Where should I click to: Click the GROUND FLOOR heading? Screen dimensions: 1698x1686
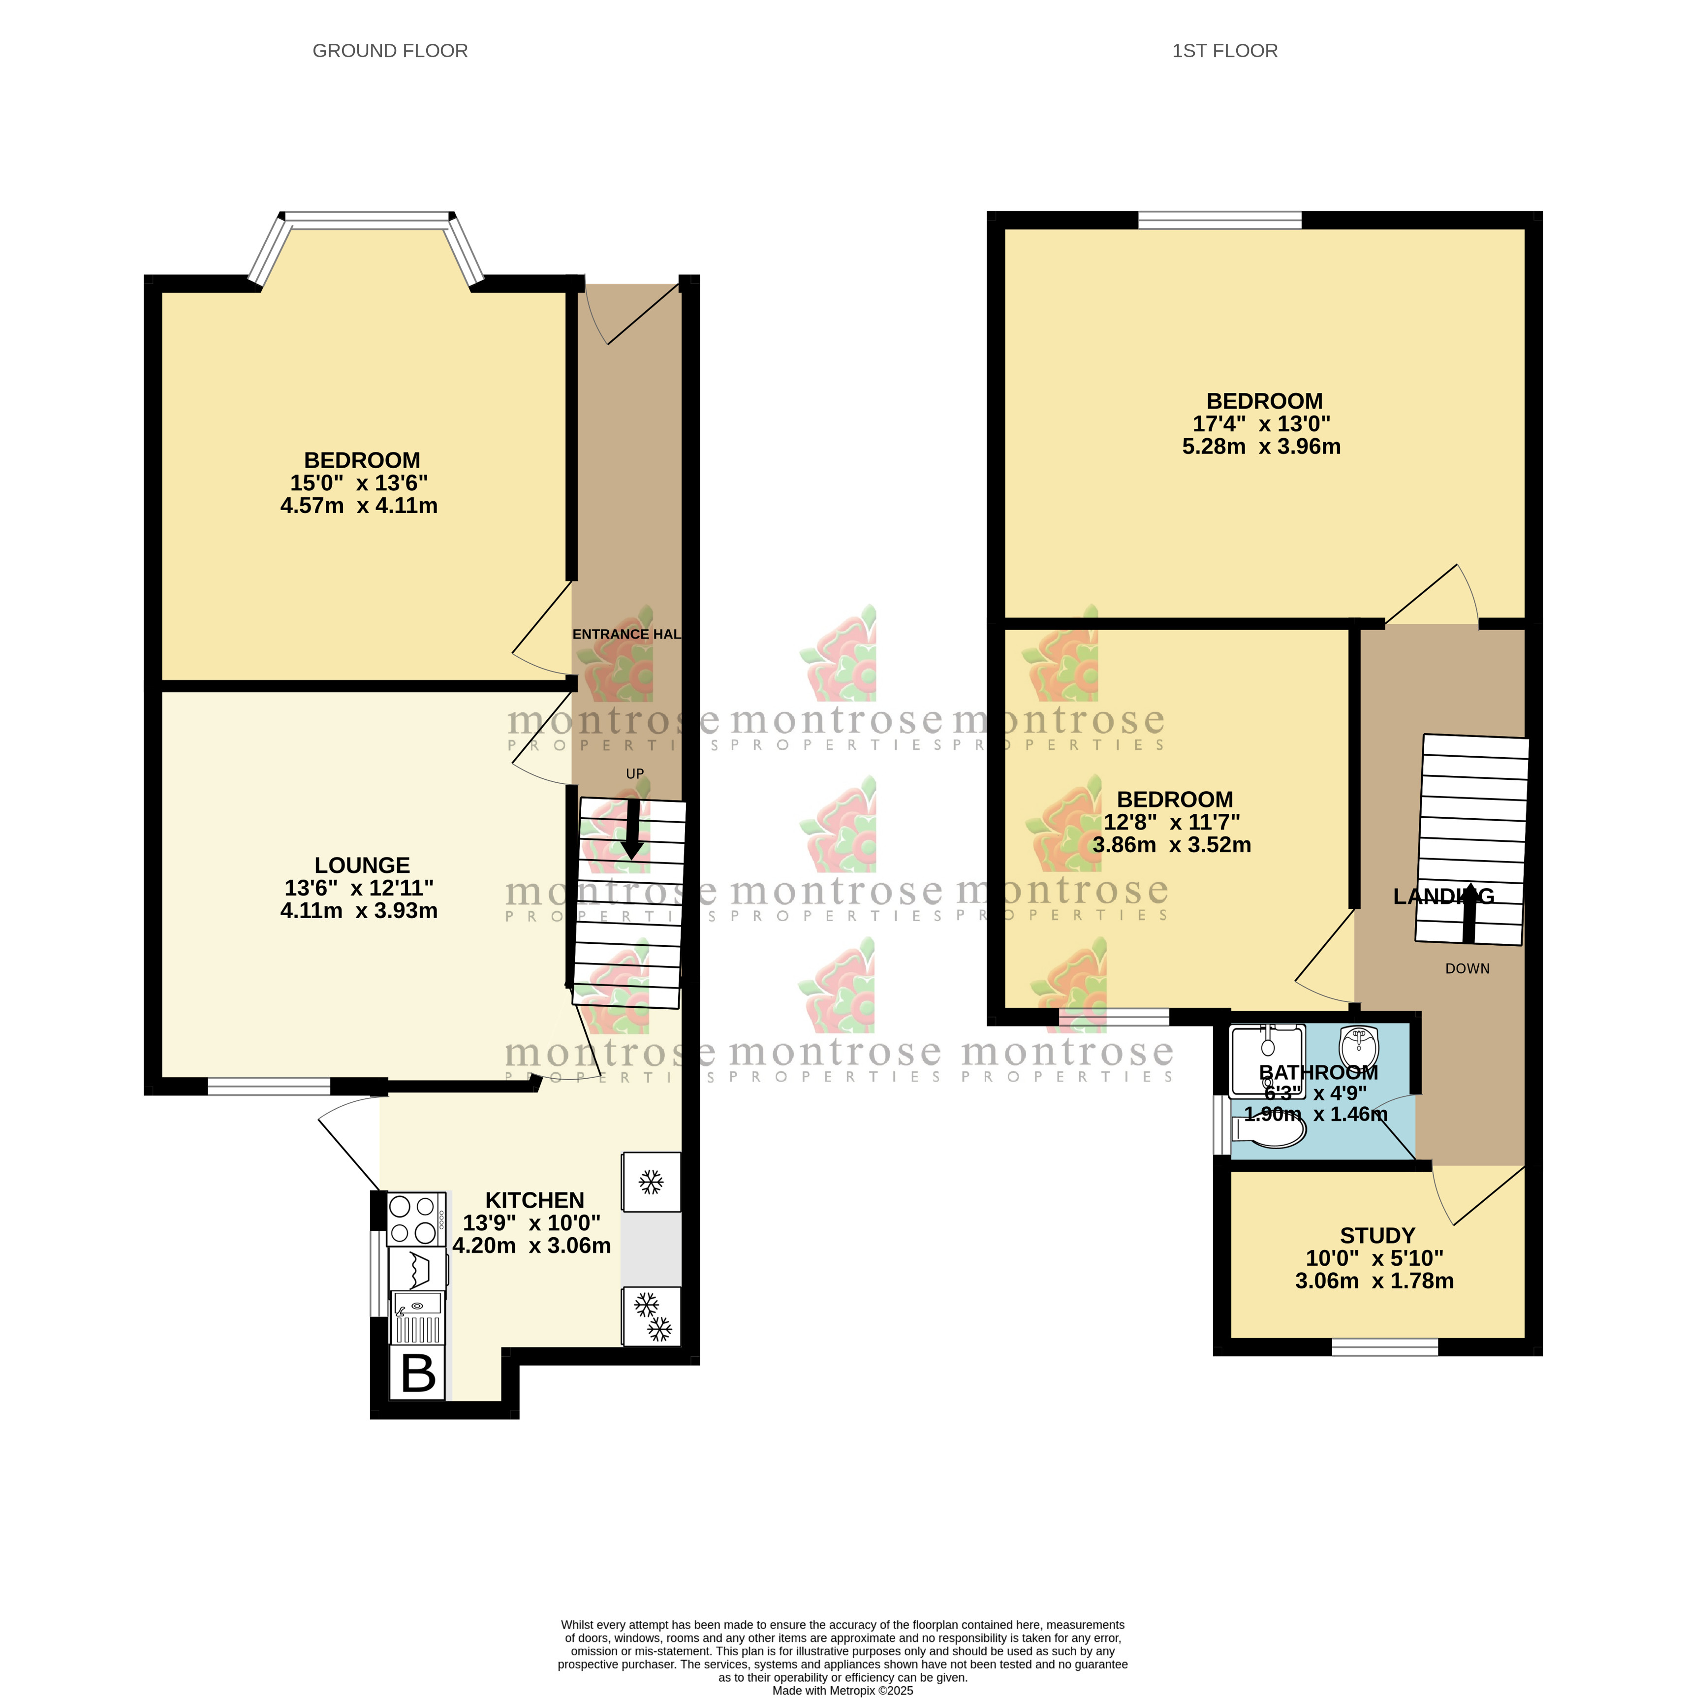[390, 51]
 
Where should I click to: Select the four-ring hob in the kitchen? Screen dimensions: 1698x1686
[415, 1219]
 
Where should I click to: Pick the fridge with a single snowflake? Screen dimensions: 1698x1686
[651, 1182]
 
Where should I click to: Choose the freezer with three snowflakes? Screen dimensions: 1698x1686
[651, 1315]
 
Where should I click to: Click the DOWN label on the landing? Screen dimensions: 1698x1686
[1467, 968]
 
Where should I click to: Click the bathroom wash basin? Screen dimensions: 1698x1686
[1359, 1046]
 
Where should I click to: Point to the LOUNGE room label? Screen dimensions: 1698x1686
[362, 865]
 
